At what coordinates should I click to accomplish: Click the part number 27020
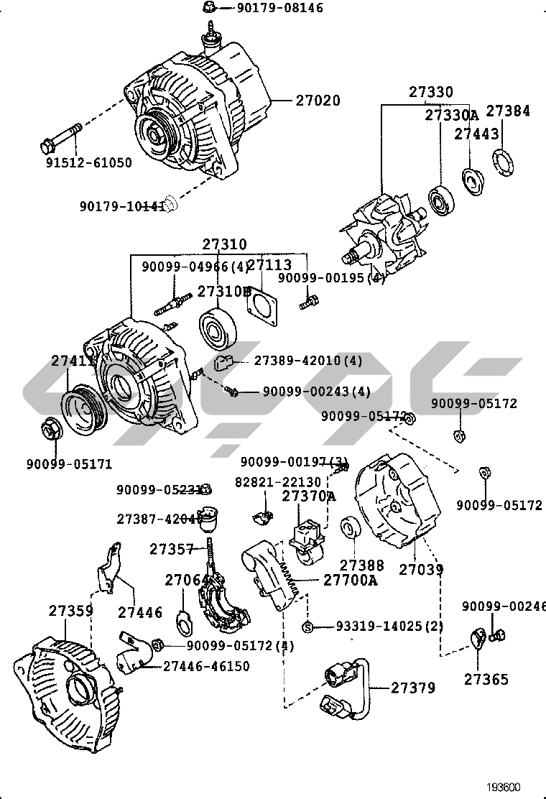(318, 101)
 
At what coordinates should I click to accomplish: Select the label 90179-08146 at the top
(269, 9)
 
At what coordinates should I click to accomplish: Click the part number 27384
(508, 111)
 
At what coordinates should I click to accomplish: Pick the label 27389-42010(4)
(307, 360)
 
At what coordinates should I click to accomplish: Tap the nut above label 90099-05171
(50, 429)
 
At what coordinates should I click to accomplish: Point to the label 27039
(421, 569)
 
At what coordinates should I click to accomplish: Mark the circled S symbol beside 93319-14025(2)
(307, 627)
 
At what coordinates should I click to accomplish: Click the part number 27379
(413, 688)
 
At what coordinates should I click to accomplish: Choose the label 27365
(486, 679)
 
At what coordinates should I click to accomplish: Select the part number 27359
(71, 611)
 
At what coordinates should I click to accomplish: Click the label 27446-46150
(206, 666)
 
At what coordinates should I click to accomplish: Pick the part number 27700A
(350, 580)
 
